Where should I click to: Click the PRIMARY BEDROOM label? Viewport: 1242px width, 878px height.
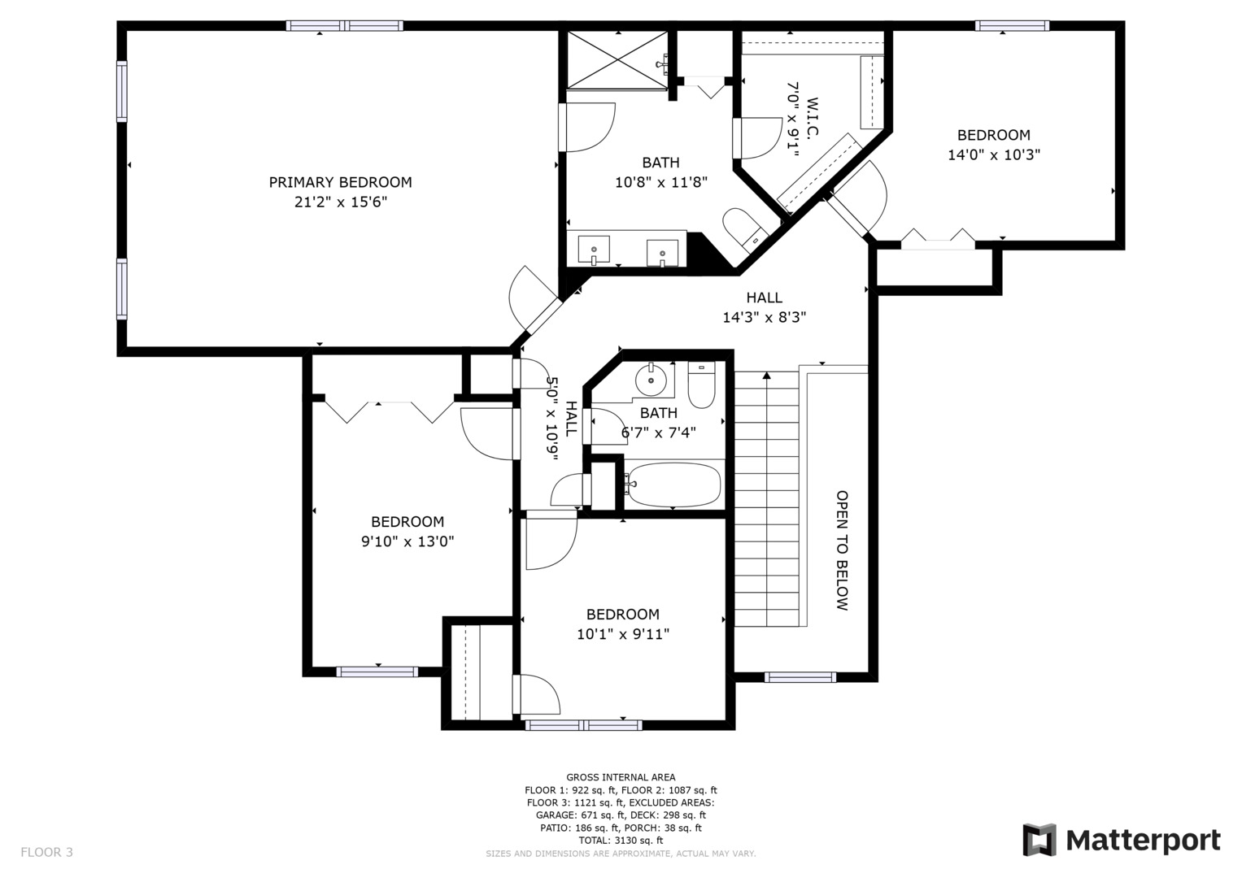(x=341, y=182)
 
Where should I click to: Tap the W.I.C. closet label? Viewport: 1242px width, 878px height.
(x=812, y=119)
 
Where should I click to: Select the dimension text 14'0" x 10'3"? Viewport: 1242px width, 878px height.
(x=994, y=154)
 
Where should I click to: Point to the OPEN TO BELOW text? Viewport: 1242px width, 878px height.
(x=842, y=550)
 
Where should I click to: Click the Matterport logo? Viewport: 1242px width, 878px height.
(x=1122, y=841)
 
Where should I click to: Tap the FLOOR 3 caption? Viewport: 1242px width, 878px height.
(x=46, y=853)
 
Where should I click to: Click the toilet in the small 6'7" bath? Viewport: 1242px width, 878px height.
(x=701, y=384)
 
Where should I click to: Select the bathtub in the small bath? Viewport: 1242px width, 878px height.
(x=673, y=485)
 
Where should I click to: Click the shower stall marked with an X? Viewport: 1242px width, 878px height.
(x=617, y=60)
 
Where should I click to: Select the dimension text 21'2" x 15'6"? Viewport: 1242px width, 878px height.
(x=341, y=202)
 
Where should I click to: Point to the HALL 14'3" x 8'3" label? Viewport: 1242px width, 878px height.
(x=764, y=307)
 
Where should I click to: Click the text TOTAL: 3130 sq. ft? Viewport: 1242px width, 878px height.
(x=621, y=841)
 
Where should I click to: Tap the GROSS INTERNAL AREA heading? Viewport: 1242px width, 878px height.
(x=621, y=777)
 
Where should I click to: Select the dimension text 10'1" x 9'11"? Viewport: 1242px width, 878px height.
(x=623, y=634)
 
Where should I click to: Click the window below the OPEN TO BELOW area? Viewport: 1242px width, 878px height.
(x=800, y=676)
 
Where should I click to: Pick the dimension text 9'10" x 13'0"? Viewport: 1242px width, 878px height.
(x=407, y=541)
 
